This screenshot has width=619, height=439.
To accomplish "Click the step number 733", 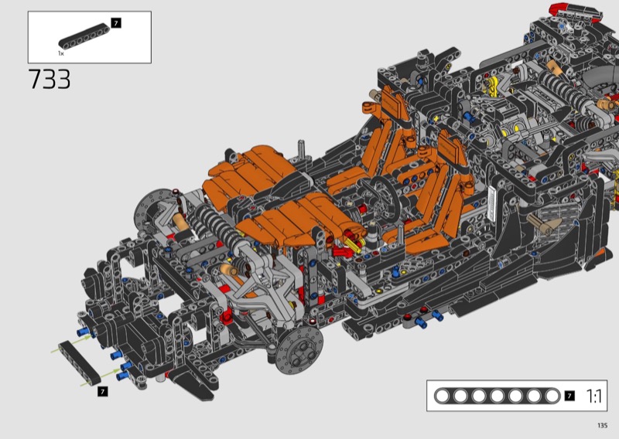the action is coord(50,79).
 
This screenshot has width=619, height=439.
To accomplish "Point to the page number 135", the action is coord(602,425).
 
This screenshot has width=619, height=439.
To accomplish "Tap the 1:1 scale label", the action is coord(594,396).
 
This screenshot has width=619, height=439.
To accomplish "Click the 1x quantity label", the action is coord(61,53).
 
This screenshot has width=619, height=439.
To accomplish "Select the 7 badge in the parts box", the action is coord(115,23).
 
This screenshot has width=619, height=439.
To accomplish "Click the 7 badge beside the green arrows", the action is coord(103,391).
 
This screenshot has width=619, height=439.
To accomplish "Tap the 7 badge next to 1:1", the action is coord(569,396).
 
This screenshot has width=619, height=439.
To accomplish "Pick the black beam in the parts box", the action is coord(84,36).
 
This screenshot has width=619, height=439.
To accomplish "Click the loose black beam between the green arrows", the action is coord(80,363).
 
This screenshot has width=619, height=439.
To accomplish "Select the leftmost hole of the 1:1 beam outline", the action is coord(442,396).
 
